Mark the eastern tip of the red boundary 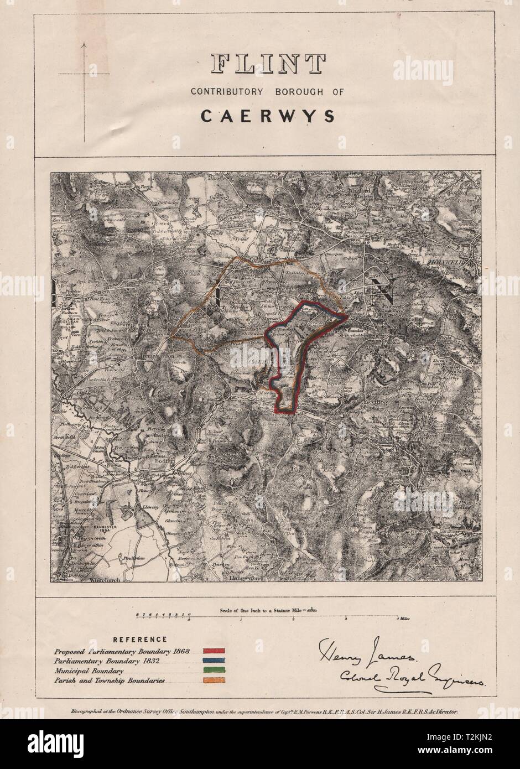347,316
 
